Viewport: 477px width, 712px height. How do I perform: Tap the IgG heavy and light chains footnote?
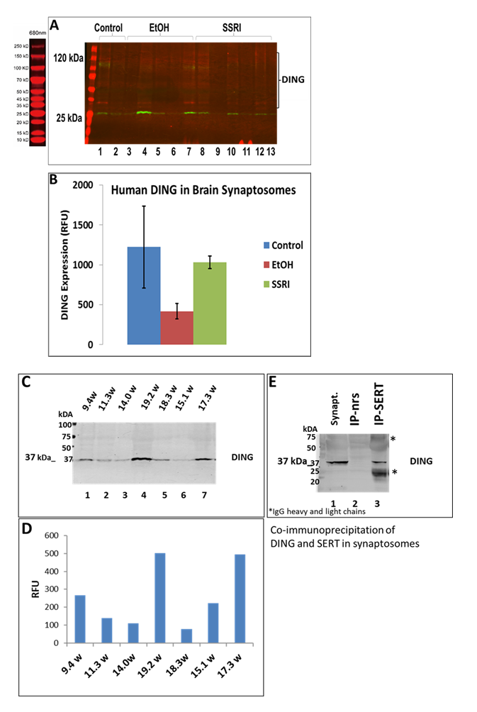coord(306,511)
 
